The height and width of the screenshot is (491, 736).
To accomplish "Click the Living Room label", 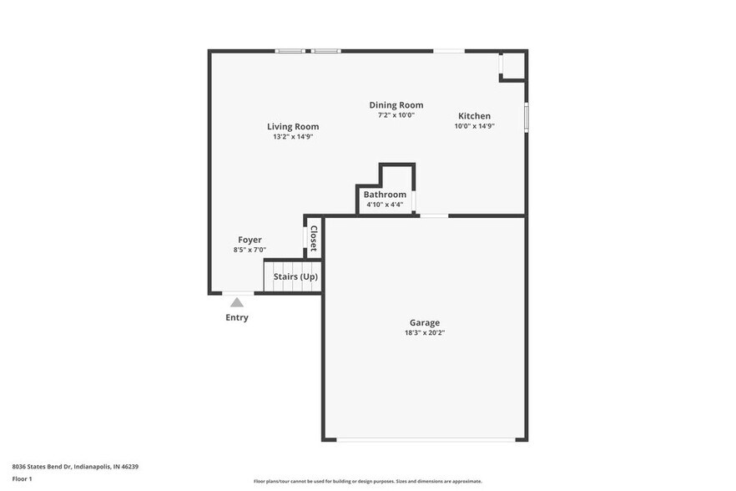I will pyautogui.click(x=293, y=127).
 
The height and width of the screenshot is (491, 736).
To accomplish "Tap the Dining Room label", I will pyautogui.click(x=396, y=105).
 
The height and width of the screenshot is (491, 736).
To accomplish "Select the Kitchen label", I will pyautogui.click(x=474, y=116).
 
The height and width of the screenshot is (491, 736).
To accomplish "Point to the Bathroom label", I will pyautogui.click(x=385, y=195).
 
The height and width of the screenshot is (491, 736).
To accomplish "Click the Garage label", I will pyautogui.click(x=424, y=323).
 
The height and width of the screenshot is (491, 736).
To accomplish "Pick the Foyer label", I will pyautogui.click(x=250, y=240).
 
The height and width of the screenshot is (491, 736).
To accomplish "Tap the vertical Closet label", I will pyautogui.click(x=314, y=239).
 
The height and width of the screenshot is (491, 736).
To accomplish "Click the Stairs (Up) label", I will pyautogui.click(x=295, y=276).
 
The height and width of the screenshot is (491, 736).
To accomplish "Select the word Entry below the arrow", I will pyautogui.click(x=237, y=317).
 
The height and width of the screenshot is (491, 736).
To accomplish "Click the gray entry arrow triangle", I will pyautogui.click(x=237, y=302).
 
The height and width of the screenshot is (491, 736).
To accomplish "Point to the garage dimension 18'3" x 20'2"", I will pyautogui.click(x=424, y=333).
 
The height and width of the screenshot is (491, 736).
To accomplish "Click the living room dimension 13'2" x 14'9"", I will pyautogui.click(x=293, y=137).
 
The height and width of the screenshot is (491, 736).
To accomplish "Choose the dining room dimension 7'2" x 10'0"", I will pyautogui.click(x=396, y=115).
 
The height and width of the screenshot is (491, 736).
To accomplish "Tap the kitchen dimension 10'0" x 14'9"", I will pyautogui.click(x=474, y=126).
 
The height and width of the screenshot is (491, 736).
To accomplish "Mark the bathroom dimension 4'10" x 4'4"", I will pyautogui.click(x=385, y=205).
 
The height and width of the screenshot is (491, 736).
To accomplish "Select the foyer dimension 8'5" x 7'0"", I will pyautogui.click(x=250, y=250).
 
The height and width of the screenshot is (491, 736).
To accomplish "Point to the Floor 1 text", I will pyautogui.click(x=22, y=478).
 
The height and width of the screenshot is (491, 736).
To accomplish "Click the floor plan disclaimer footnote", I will pyautogui.click(x=367, y=481).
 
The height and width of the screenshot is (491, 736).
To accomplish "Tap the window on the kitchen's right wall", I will pyautogui.click(x=526, y=116).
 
